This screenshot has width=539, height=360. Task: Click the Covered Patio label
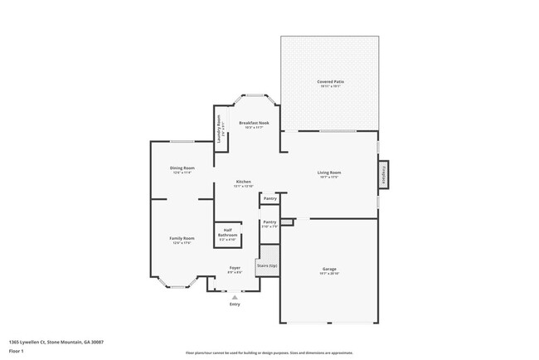330,81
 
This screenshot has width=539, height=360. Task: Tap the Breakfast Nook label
254,123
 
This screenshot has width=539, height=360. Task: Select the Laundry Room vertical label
220,134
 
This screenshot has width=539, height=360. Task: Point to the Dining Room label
182,168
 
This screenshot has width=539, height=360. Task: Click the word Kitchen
243,182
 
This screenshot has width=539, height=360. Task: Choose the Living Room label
329,173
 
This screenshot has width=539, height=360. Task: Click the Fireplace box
385,176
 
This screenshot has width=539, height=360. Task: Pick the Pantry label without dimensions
269,199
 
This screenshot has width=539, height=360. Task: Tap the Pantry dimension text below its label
269,226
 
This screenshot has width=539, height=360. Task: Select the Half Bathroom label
228,233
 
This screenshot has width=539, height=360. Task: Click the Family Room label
182,239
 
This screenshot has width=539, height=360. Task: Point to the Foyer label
236,268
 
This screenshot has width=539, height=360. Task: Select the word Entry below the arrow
236,304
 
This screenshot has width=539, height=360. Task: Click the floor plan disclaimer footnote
269,352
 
